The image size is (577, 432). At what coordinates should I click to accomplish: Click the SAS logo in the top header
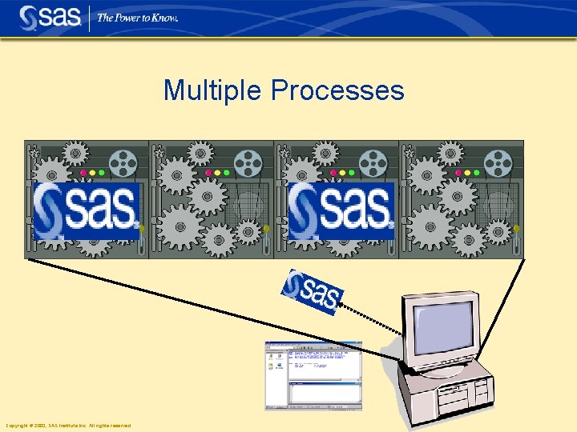tap(50, 17)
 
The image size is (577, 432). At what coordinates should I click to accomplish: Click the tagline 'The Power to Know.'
tap(137, 18)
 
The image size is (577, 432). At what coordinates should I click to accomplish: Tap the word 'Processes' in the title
tap(337, 90)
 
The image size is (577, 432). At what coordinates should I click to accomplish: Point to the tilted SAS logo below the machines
tap(313, 293)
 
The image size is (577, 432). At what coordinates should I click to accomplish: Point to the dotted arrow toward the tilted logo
tap(373, 319)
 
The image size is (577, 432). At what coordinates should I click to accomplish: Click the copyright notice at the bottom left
tap(68, 426)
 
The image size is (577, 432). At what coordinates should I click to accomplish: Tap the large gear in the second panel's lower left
tap(178, 223)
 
